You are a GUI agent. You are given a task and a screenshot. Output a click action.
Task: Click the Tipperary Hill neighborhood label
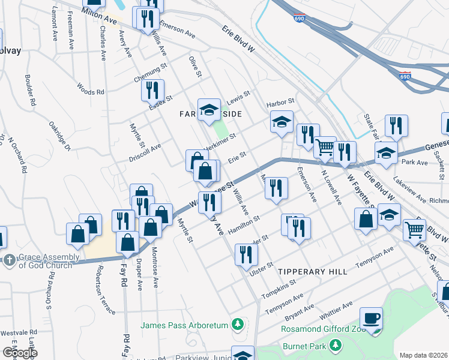[x=313, y=272]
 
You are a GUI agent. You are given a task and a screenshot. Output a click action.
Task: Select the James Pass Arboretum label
[x=185, y=326]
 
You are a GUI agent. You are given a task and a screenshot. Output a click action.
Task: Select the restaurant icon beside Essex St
[x=152, y=91]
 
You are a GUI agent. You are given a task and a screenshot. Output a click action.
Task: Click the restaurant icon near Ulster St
[x=246, y=254]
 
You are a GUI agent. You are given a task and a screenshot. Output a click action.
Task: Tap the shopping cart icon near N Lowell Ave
[x=325, y=146]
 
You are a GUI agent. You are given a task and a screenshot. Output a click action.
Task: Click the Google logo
[x=20, y=353]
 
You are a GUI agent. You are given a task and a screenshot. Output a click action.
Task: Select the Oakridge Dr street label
[x=60, y=137]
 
